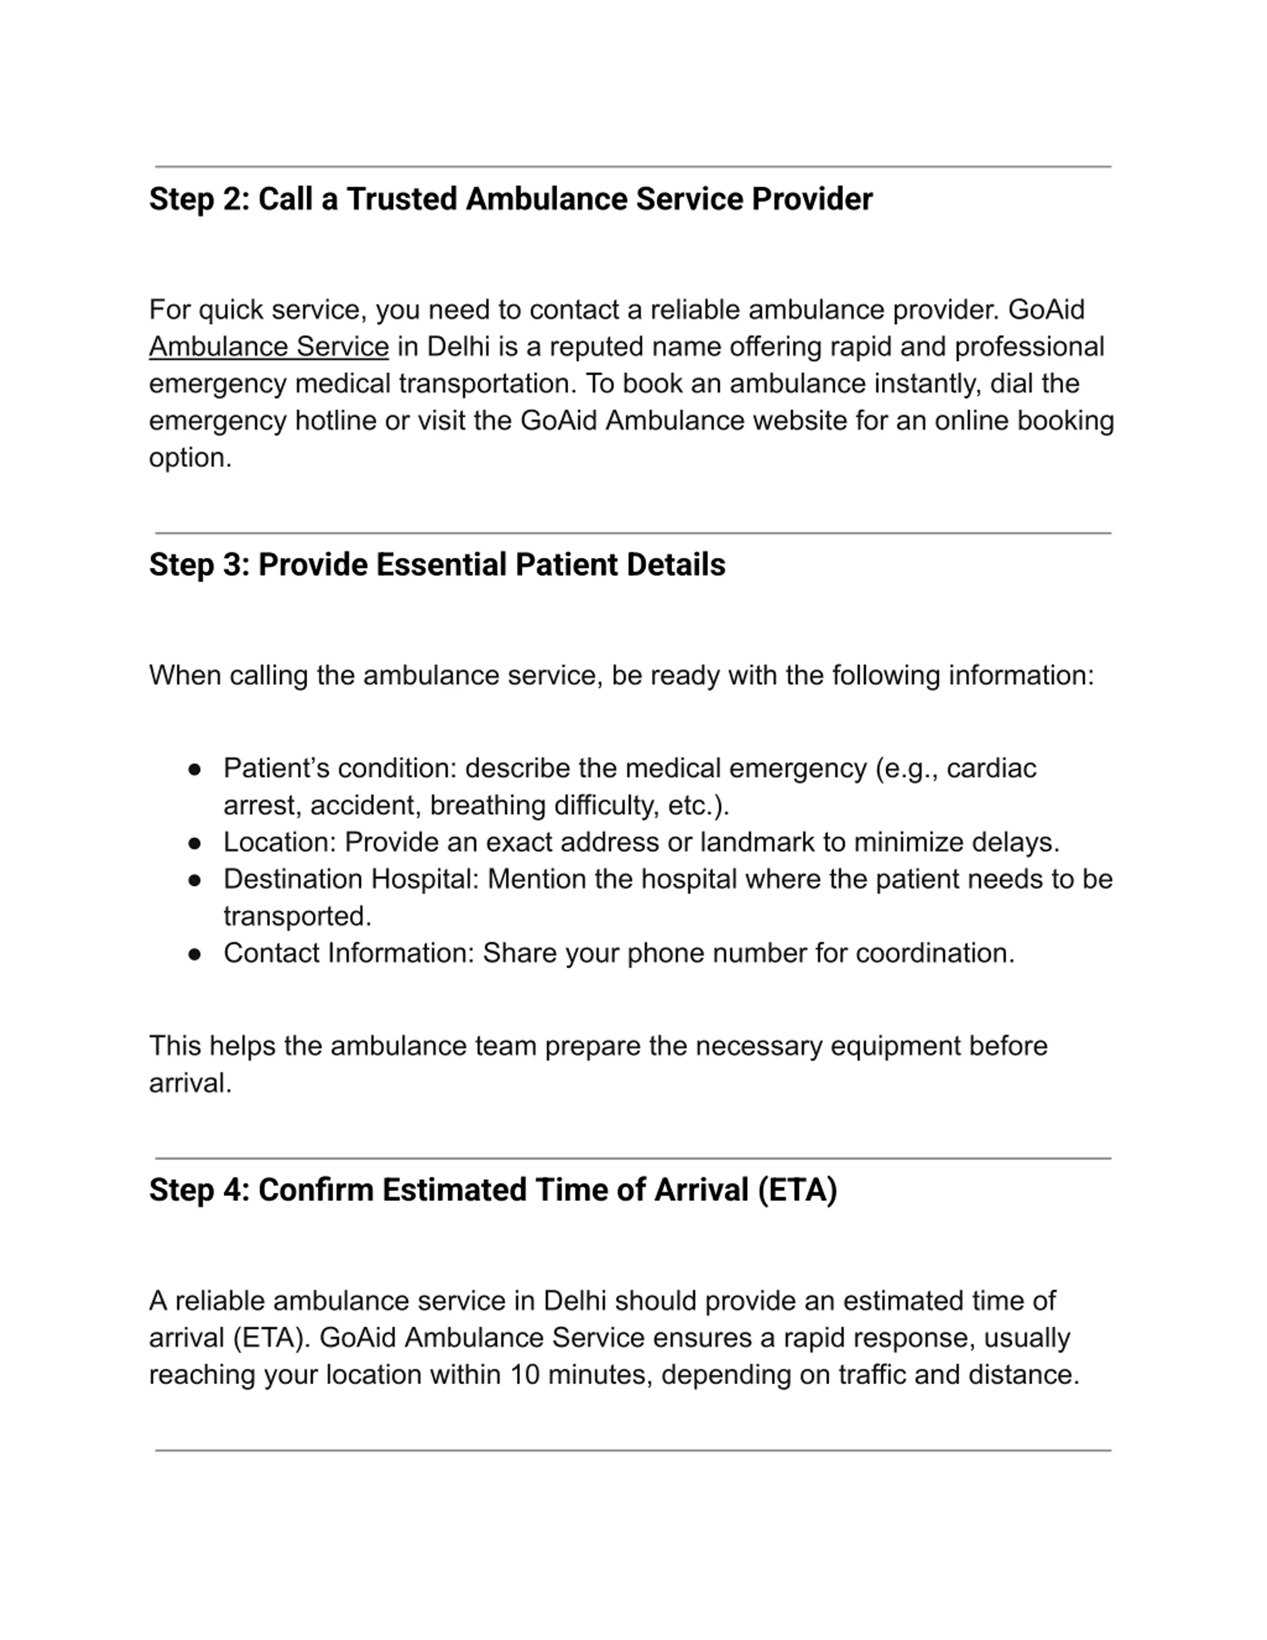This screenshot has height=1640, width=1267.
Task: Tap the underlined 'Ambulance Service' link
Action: pos(269,347)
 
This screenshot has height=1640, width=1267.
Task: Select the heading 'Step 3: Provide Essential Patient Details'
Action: pos(437,565)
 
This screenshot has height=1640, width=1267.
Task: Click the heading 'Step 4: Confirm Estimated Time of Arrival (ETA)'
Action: pos(492,1190)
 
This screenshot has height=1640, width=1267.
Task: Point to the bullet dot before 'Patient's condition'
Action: pos(195,770)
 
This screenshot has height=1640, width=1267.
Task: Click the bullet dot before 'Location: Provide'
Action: pos(195,844)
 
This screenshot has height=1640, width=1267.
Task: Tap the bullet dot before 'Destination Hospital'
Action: pos(195,880)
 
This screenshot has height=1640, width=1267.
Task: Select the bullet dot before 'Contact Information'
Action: pos(195,954)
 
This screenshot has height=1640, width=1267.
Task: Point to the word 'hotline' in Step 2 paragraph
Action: pos(336,420)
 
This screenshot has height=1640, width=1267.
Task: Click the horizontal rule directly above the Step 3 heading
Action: pos(633,533)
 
